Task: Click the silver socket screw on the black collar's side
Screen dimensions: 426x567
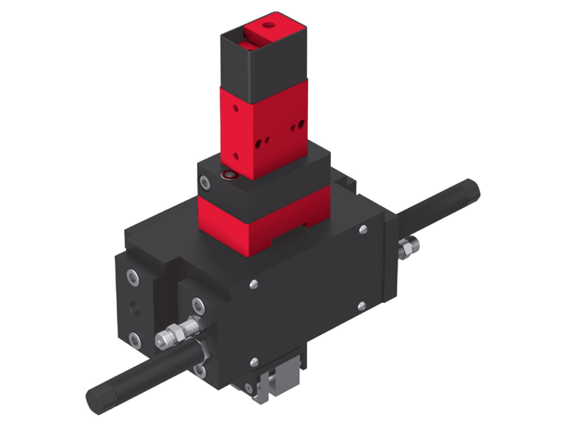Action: pos(205,182)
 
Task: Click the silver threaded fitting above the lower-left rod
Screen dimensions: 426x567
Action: pos(176,333)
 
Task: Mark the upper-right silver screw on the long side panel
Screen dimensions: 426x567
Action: pos(363,230)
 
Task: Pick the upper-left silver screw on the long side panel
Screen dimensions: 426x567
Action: pos(254,284)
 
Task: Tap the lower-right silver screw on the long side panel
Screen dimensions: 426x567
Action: pos(362,306)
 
